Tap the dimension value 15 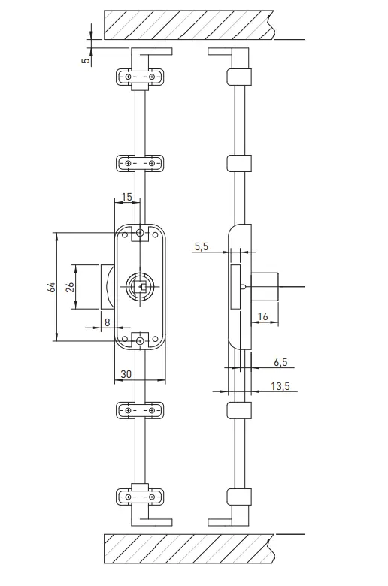(x=126, y=197)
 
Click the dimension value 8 (x=108, y=322)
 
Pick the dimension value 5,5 (x=202, y=246)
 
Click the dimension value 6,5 (x=280, y=362)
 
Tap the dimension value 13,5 (x=280, y=386)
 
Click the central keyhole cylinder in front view (x=140, y=286)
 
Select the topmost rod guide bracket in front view (x=140, y=77)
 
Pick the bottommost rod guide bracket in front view (x=140, y=497)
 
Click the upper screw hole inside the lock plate (x=140, y=233)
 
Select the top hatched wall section (x=188, y=24)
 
